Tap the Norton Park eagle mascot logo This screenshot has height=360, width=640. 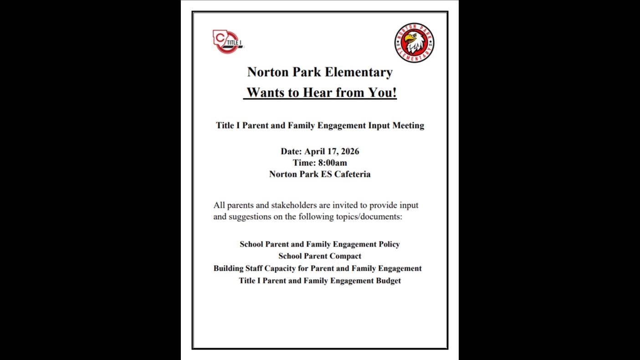414,43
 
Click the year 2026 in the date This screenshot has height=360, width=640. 349,151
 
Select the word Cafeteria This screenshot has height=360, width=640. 352,174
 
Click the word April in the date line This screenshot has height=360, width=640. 315,151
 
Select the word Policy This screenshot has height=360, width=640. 389,244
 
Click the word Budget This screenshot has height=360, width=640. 388,281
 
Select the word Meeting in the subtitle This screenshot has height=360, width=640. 408,125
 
